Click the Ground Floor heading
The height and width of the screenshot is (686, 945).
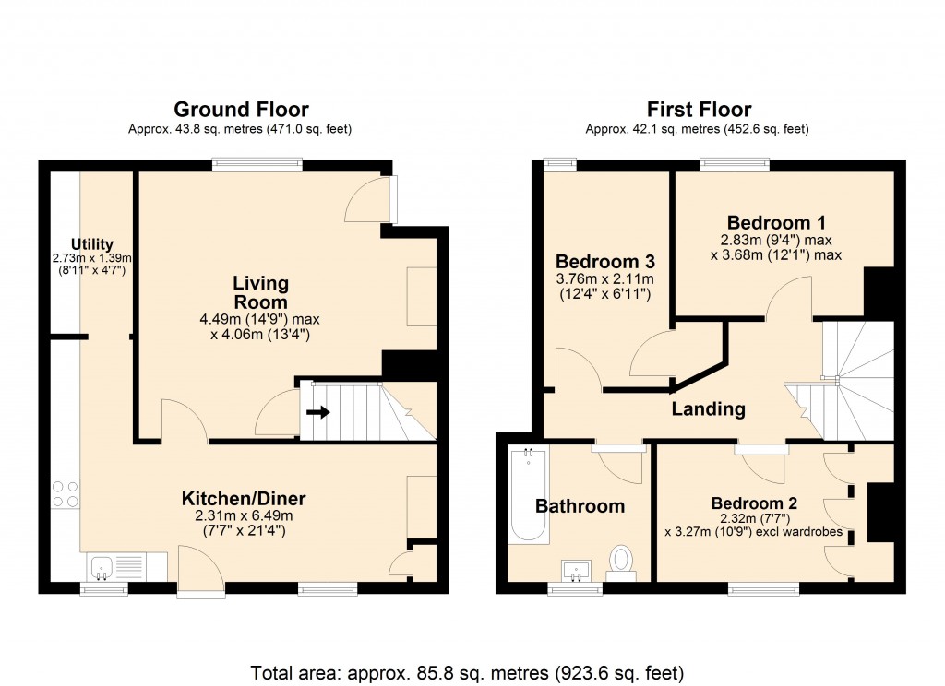[x=241, y=110]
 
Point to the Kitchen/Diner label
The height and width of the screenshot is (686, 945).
[x=244, y=499]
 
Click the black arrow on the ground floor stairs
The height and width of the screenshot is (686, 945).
[x=319, y=412]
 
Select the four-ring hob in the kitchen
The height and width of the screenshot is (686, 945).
[x=65, y=493]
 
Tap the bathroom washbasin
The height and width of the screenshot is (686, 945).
[x=577, y=569]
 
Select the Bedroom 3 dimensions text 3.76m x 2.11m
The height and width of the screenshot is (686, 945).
[x=604, y=279]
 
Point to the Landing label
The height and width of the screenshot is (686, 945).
[x=708, y=408]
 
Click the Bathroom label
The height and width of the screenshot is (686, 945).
[x=580, y=506]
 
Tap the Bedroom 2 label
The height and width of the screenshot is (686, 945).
[x=753, y=503]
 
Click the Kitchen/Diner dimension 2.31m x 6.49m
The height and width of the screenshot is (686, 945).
[x=244, y=515]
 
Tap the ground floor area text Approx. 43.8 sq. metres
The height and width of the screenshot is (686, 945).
[x=240, y=129]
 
